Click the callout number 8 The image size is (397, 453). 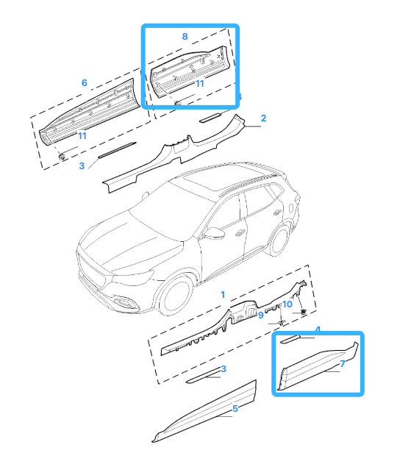pyautogui.click(x=185, y=37)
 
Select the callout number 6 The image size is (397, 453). pyautogui.click(x=85, y=82)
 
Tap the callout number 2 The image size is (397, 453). pyautogui.click(x=263, y=118)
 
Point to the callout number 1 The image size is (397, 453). pyautogui.click(x=223, y=294)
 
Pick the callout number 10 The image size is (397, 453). pyautogui.click(x=287, y=304)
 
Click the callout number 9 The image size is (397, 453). pyautogui.click(x=261, y=315)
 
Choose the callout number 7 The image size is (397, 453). pyautogui.click(x=343, y=363)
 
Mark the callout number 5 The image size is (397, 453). pyautogui.click(x=235, y=409)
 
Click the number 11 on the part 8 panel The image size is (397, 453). pyautogui.click(x=200, y=84)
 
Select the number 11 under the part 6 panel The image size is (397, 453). pyautogui.click(x=82, y=135)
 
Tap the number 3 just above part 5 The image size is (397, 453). pyautogui.click(x=223, y=368)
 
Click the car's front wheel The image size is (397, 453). pyautogui.click(x=175, y=295)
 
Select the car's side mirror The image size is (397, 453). pyautogui.click(x=214, y=232)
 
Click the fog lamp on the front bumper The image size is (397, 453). pyautogui.click(x=125, y=302)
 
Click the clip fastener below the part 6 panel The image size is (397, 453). pyautogui.click(x=62, y=157)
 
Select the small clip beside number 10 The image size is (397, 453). pyautogui.click(x=303, y=312)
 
